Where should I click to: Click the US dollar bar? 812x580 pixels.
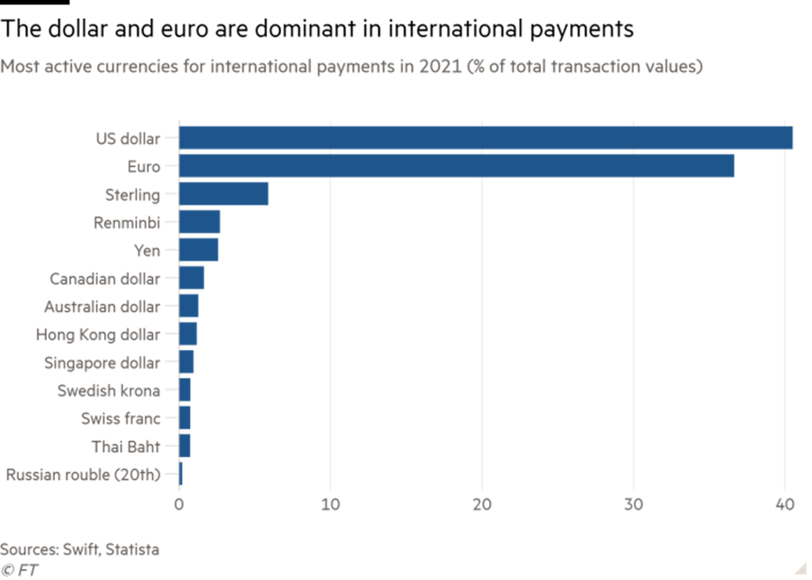[486, 138]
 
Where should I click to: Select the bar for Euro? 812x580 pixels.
[456, 166]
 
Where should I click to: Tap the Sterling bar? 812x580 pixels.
[223, 195]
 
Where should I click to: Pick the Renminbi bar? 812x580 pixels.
[200, 222]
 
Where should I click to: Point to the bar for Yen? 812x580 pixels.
[199, 250]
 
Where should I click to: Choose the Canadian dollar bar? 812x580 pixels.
[191, 278]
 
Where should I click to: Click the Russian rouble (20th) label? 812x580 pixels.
[83, 475]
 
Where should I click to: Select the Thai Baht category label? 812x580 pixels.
[125, 447]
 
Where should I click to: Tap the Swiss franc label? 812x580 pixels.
[120, 419]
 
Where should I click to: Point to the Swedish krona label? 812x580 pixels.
[108, 391]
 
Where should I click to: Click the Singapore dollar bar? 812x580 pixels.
[186, 362]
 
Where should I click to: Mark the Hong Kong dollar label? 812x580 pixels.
[98, 335]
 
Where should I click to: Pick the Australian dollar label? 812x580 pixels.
[102, 307]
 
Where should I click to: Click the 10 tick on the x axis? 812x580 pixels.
[330, 504]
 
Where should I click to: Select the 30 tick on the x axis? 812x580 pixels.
[633, 504]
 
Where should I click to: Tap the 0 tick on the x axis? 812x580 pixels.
[179, 504]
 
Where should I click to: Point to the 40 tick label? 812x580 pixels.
[785, 504]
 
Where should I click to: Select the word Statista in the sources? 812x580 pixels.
[132, 550]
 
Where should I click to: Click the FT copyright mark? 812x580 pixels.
[20, 570]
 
